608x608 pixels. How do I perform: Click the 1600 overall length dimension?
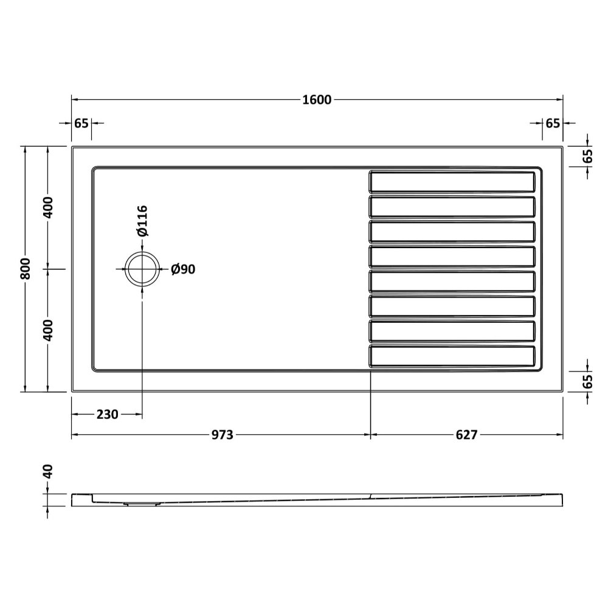pyautogui.click(x=317, y=100)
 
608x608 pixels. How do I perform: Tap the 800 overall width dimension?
pyautogui.click(x=25, y=268)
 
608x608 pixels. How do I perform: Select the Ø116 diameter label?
pyautogui.click(x=142, y=221)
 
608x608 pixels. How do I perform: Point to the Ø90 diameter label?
pyautogui.click(x=183, y=269)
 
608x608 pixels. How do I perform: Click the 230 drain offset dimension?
pyautogui.click(x=107, y=415)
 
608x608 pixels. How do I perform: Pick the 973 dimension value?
pyautogui.click(x=222, y=435)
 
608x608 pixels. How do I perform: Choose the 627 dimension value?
pyautogui.click(x=466, y=435)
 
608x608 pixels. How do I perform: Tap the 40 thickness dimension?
pyautogui.click(x=47, y=472)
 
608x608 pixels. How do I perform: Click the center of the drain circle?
pyautogui.click(x=142, y=269)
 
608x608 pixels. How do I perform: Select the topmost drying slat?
pyautogui.click(x=452, y=181)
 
